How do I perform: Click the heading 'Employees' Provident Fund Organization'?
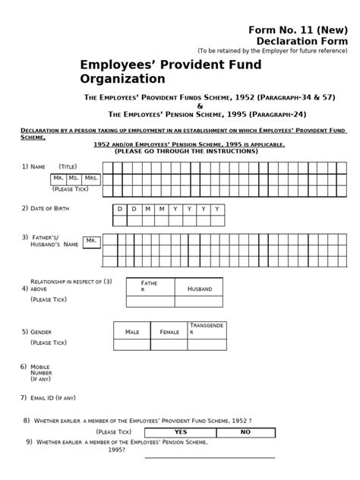170,71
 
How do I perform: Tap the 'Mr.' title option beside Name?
58,178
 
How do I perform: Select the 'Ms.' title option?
74,178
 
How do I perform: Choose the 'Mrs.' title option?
92,178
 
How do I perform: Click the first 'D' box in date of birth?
119,208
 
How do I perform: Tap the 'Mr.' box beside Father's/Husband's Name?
92,241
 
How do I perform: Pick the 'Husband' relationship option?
199,289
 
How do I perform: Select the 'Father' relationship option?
150,286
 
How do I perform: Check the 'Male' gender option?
132,332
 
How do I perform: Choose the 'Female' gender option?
169,332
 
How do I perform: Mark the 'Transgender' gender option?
207,329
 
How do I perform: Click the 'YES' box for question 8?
180,432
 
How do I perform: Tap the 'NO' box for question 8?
245,432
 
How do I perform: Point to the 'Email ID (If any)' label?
53,397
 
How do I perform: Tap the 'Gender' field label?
42,332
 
